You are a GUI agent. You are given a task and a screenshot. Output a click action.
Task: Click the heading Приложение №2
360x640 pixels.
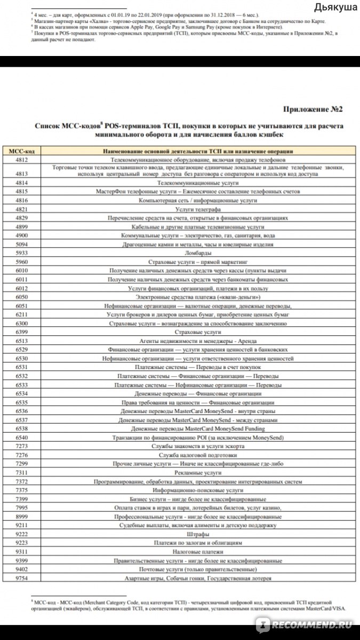(x=313, y=109)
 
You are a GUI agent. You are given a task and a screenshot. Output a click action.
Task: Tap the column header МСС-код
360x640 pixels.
(x=22, y=151)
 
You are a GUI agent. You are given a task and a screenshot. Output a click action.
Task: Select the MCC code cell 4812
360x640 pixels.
(x=22, y=159)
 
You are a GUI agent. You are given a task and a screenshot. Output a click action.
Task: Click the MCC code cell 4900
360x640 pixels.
(x=22, y=235)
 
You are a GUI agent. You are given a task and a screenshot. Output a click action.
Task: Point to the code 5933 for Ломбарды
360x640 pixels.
(x=22, y=253)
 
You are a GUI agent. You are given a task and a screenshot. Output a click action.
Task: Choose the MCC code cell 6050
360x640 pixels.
(x=22, y=297)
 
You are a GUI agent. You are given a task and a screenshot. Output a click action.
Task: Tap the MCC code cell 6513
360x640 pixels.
(x=22, y=340)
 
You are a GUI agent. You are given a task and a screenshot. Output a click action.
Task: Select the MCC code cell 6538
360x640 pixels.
(x=22, y=428)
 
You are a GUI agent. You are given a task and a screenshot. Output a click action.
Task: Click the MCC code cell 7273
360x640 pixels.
(x=22, y=446)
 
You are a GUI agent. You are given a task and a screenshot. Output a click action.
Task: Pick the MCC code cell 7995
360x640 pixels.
(x=22, y=508)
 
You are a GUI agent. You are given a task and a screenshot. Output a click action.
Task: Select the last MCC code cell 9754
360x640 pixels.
(x=22, y=578)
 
